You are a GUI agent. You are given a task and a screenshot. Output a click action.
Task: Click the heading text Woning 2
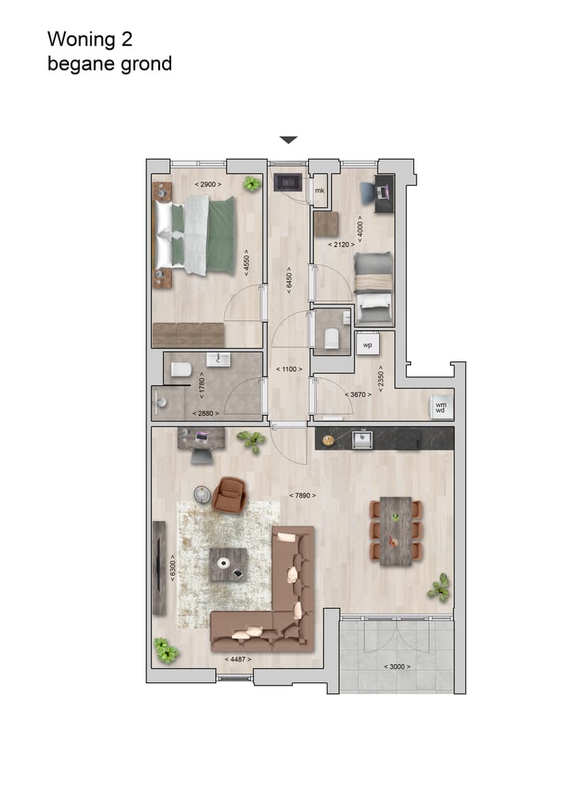(x=89, y=39)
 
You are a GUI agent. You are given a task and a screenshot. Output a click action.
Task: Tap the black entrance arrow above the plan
(x=288, y=140)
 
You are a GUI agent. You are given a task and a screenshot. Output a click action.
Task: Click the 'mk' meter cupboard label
(x=320, y=191)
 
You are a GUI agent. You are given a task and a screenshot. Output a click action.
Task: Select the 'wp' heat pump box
(x=367, y=346)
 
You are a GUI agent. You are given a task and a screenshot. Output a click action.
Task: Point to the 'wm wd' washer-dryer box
(x=439, y=406)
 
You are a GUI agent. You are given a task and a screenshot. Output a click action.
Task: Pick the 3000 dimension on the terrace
(x=397, y=667)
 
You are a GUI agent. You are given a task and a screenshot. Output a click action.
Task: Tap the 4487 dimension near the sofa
(x=238, y=659)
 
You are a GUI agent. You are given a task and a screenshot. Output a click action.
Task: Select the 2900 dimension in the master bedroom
(x=208, y=184)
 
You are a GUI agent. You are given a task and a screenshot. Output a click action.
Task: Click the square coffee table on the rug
(x=229, y=564)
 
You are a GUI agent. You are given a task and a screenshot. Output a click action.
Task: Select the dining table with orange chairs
(x=396, y=531)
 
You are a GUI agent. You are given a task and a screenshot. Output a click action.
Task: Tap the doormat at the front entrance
(x=286, y=182)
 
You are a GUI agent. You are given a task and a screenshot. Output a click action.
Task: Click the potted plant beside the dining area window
(x=439, y=588)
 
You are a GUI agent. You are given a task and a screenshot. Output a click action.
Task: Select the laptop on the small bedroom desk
(x=384, y=191)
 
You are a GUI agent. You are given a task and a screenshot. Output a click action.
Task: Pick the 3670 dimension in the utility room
(x=359, y=394)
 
